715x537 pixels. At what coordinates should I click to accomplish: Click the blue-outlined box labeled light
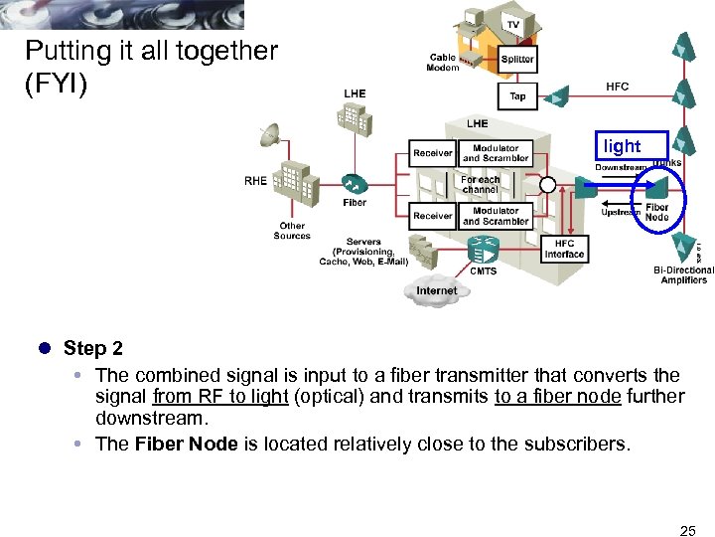click(x=623, y=146)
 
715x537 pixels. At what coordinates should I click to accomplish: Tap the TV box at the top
click(x=512, y=24)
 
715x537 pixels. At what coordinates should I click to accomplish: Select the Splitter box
click(x=517, y=59)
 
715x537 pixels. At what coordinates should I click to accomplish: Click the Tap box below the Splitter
click(x=517, y=96)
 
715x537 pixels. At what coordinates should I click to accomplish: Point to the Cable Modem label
click(x=443, y=63)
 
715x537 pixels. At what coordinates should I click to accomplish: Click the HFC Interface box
click(x=564, y=249)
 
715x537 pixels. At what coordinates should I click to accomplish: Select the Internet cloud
click(x=436, y=290)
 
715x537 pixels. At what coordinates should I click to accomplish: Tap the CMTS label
click(x=484, y=270)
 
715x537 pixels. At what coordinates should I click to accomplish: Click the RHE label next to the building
click(x=255, y=181)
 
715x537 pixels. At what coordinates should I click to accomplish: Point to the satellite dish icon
click(x=269, y=135)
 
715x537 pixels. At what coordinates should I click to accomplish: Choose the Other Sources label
click(x=292, y=231)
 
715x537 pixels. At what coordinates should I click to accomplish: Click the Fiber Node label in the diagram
click(x=656, y=213)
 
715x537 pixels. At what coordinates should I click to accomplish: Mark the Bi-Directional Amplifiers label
click(x=683, y=274)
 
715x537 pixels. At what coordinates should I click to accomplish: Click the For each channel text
click(x=481, y=185)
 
